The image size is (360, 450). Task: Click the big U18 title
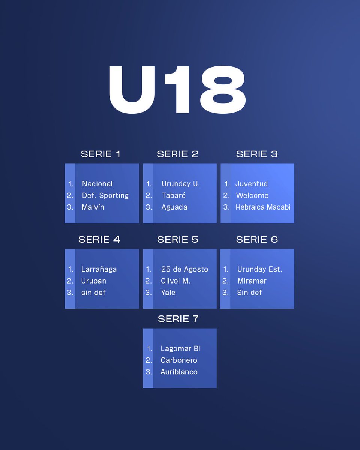pos(177,90)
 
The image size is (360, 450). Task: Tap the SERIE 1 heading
pos(100,154)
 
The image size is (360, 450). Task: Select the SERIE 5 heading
pos(178,239)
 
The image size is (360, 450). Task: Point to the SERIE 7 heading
pos(178,319)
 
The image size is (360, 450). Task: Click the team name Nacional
pos(97,184)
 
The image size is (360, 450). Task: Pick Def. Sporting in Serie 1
pos(105,195)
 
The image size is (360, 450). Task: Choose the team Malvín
pos(93,207)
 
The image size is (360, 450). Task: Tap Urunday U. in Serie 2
pos(181,184)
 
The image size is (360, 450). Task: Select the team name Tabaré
pos(174,195)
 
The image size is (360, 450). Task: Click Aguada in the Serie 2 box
pos(174,207)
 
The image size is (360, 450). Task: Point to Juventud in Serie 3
pos(252,184)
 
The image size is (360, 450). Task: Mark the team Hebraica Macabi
pos(263,207)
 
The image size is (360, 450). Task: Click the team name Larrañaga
pos(99,269)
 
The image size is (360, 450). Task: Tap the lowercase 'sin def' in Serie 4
pos(93,292)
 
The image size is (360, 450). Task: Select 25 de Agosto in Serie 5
pos(184,269)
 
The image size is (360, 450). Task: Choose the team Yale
pos(168,292)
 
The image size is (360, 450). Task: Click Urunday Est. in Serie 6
pos(259,269)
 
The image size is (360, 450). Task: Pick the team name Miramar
pos(252,280)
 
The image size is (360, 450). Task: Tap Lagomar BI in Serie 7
pos(180,349)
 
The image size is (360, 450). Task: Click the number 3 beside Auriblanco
pos(148,372)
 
